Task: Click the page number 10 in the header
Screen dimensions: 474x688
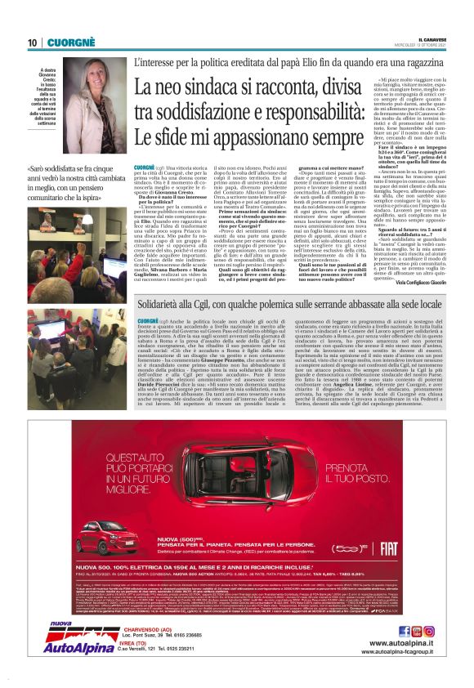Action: coord(32,42)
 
